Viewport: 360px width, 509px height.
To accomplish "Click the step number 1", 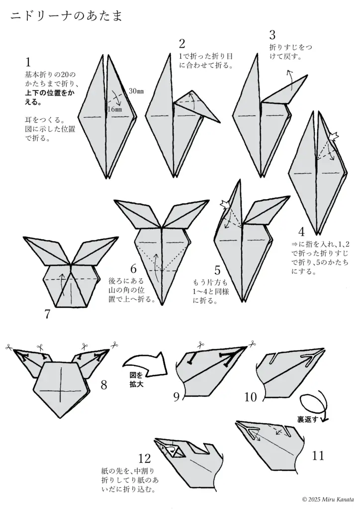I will coord(28,62).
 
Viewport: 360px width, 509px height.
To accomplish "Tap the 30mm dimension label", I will coord(136,91).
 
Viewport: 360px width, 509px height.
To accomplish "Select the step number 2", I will coord(182,44).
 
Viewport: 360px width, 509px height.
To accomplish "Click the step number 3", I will coord(272,35).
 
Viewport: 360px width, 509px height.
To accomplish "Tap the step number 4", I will coord(301,232).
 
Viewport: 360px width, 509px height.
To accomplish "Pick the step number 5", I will coord(217,270).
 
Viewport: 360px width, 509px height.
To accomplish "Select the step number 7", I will coord(47,314).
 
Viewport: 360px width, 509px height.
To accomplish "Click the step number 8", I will coord(104,384).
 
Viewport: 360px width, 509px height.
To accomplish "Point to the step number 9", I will coord(177,396).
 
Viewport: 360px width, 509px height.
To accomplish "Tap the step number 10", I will coord(251,396).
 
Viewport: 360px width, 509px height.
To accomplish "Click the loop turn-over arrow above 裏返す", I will coord(313,403).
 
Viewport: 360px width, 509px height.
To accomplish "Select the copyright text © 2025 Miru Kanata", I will coord(328,499).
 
